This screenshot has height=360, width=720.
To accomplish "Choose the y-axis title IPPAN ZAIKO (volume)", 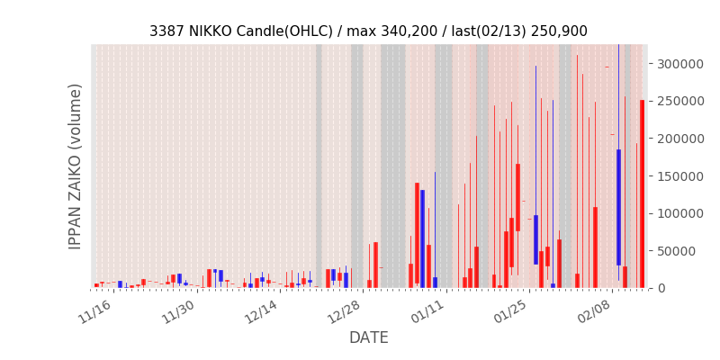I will coord(76,166).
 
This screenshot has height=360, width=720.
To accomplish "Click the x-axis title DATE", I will coord(369,337).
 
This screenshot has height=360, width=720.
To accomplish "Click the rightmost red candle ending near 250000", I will coord(642,193).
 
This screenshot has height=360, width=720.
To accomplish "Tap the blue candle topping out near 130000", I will coord(422,238).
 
